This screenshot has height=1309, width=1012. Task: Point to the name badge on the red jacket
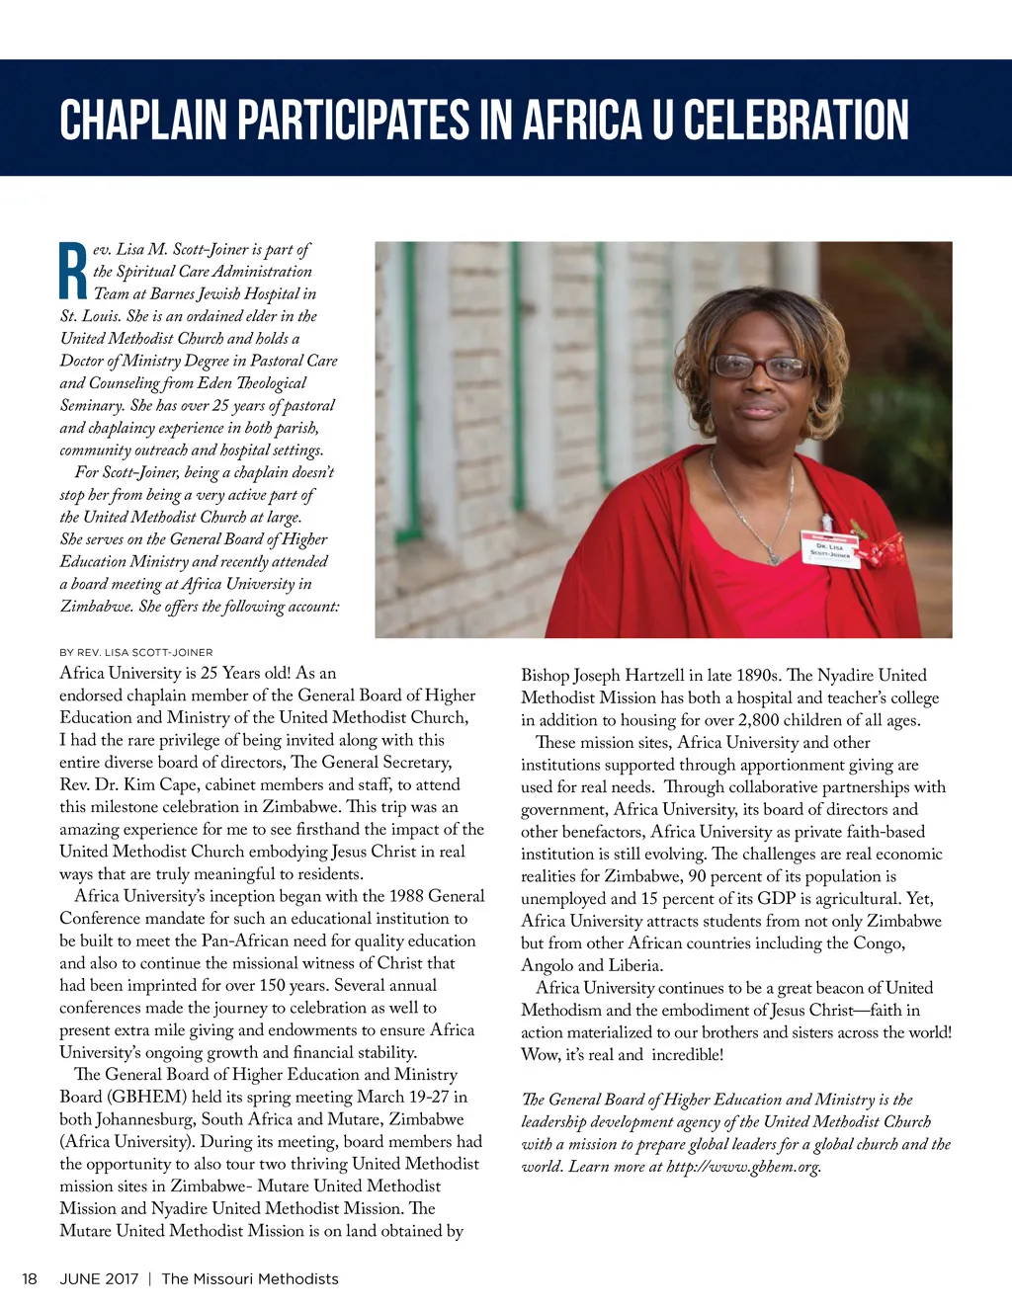(830, 547)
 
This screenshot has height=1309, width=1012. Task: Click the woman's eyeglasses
(760, 368)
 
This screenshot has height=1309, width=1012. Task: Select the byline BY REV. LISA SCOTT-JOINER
(136, 652)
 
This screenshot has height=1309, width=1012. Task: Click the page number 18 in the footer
(30, 1278)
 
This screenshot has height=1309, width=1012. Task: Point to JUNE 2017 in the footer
(99, 1278)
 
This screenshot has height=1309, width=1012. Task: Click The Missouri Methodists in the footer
(249, 1278)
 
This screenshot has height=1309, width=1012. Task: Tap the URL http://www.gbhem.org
(743, 1166)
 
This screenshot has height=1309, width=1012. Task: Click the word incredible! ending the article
(687, 1054)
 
